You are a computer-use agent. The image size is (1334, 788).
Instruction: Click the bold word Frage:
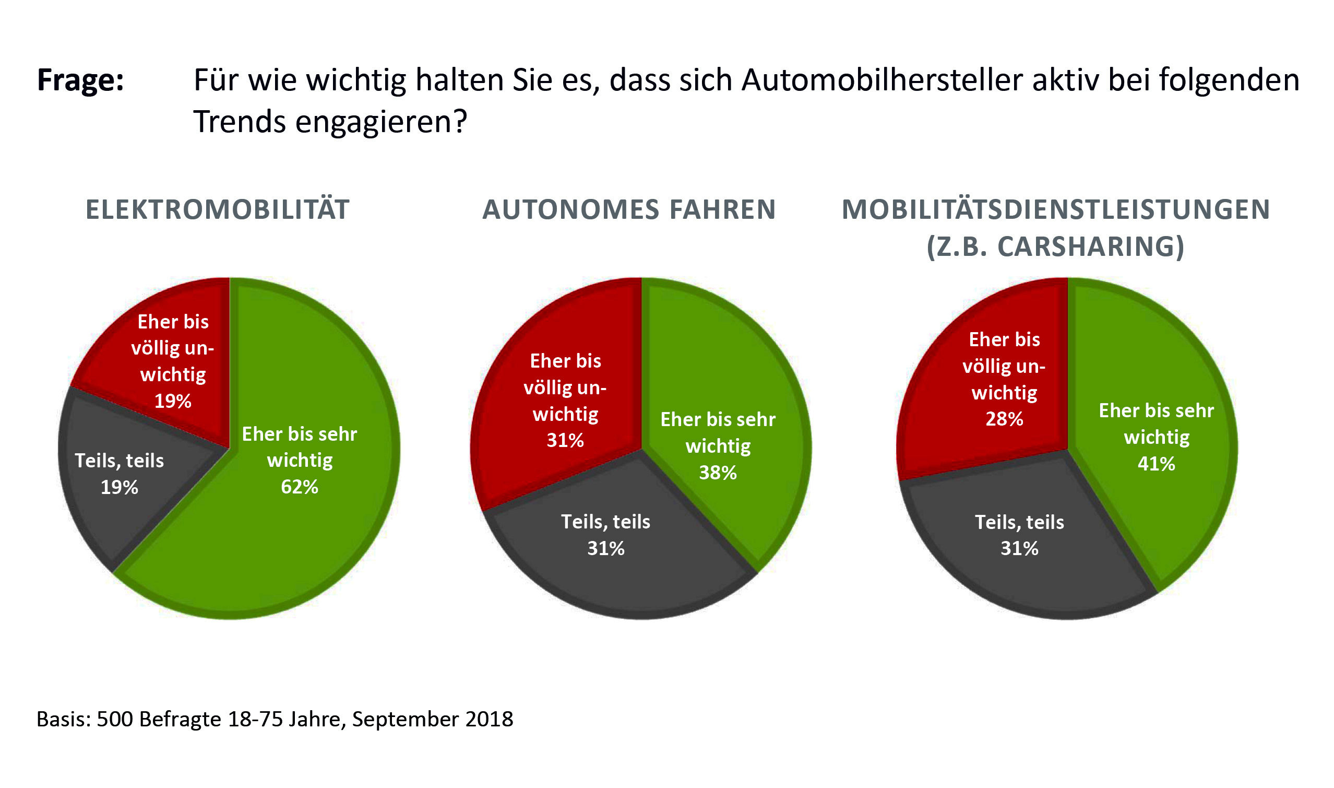tap(80, 81)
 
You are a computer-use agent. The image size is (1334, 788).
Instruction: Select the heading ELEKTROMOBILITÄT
tap(218, 209)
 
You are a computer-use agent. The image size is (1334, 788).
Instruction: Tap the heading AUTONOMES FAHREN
tap(629, 209)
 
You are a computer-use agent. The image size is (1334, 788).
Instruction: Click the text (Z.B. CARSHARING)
tap(1055, 246)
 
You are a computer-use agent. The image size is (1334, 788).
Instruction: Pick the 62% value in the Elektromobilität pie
tap(299, 487)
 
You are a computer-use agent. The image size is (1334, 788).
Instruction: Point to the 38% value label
tap(718, 473)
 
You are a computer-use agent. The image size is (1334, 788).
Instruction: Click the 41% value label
tap(1156, 464)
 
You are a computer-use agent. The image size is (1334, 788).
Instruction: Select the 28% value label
tap(1004, 419)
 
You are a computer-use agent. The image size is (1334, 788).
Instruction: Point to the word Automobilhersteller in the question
tap(882, 81)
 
